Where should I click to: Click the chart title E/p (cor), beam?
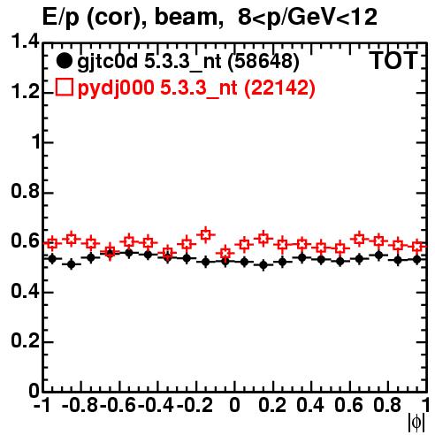click(133, 17)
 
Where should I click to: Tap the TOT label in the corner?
click(393, 61)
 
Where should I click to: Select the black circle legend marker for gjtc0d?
click(64, 61)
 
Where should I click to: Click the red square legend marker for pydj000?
click(64, 88)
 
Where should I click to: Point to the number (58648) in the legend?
click(263, 62)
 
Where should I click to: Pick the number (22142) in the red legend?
click(279, 88)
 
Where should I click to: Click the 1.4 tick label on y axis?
click(25, 42)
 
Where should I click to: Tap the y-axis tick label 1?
click(36, 141)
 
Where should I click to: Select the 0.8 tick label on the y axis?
click(25, 192)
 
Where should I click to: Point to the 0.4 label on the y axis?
click(25, 291)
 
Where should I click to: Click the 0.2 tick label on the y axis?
click(25, 341)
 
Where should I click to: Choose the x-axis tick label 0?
click(234, 405)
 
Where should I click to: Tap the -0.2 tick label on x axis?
click(195, 405)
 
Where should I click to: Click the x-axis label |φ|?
click(416, 423)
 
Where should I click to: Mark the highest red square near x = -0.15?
click(206, 235)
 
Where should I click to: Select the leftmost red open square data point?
click(52, 243)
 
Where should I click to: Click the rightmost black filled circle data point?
click(416, 259)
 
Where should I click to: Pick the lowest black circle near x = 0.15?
click(263, 265)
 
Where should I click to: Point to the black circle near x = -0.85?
click(71, 264)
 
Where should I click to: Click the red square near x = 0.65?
click(359, 239)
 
